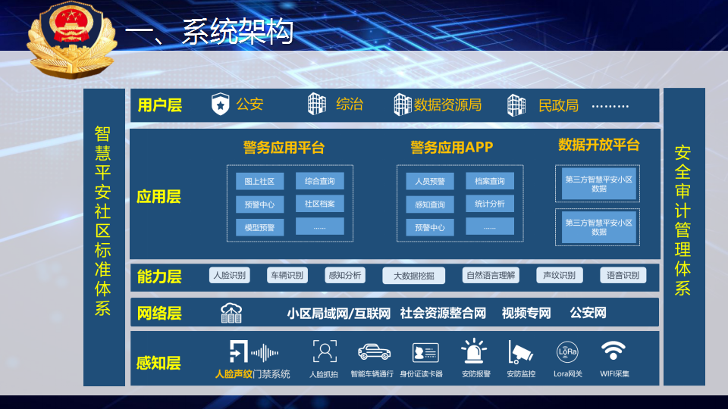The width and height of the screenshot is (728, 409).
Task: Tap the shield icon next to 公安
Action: pos(221,104)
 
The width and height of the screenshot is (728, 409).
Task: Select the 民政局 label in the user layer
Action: pos(558,106)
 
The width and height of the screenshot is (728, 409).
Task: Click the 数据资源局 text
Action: pos(447,105)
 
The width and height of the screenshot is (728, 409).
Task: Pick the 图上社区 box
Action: pos(259,181)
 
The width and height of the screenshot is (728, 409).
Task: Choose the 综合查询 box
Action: pos(320,181)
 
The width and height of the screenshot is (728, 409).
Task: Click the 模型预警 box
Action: pos(259,228)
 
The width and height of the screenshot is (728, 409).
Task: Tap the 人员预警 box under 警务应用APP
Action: pos(430,181)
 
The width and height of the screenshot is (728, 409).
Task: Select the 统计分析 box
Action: pos(490,204)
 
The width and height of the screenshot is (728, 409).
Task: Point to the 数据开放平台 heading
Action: pos(598,145)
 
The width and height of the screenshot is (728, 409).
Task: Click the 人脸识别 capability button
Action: pos(229,275)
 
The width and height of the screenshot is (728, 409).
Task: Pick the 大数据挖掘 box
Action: pos(414,276)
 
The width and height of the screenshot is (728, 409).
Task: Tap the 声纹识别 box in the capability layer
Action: pos(560,275)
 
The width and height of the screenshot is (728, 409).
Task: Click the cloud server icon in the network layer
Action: pos(231,313)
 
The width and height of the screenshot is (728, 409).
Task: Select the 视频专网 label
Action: pos(526,314)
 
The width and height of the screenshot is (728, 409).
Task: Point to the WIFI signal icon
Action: pos(613,351)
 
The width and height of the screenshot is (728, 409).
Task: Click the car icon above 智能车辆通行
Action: pos(374,352)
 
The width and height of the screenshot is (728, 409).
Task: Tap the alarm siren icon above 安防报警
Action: pos(473,351)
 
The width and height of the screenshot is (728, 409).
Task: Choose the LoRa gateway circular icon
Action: pos(567,352)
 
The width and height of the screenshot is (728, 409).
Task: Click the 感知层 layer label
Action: pos(158,363)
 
